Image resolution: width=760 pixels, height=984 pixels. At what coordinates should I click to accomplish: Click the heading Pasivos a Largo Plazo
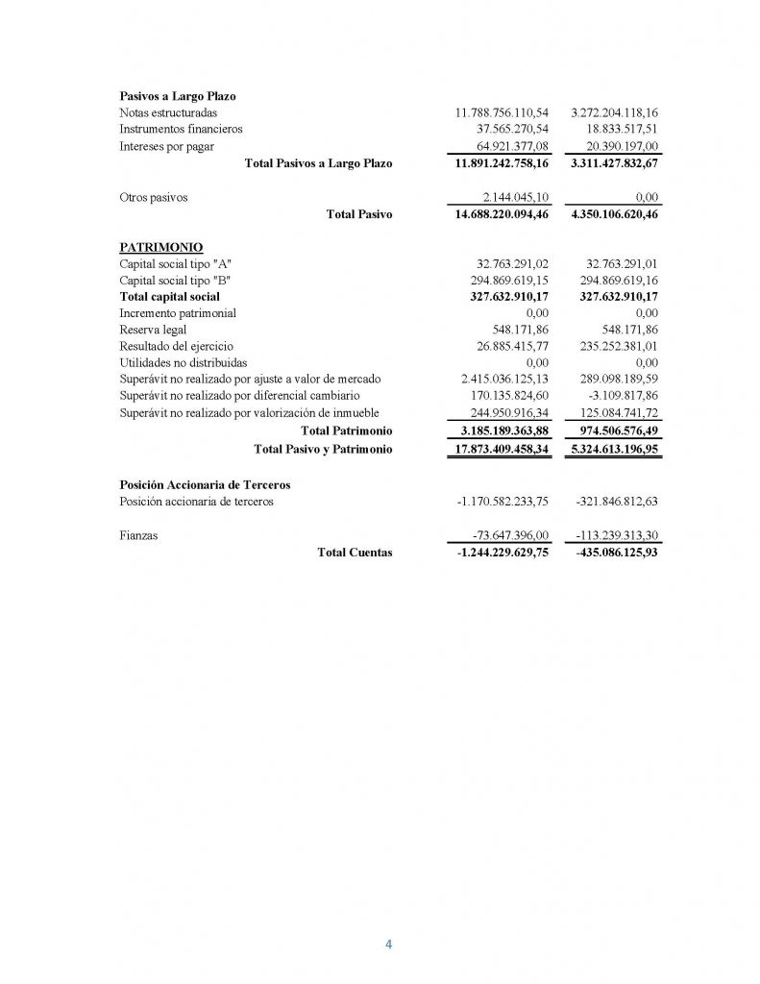coord(178,96)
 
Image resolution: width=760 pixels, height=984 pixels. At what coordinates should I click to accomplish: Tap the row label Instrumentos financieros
coord(181,129)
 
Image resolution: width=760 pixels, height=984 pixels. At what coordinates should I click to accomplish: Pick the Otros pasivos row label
coord(154,198)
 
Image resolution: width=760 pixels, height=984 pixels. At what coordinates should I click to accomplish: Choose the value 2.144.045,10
coord(512,198)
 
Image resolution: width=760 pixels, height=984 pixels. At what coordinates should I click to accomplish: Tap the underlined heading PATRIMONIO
coord(160,247)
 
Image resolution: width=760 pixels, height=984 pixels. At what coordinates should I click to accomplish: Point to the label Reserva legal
coord(154,330)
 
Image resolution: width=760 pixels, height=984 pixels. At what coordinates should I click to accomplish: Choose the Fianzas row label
coord(139,535)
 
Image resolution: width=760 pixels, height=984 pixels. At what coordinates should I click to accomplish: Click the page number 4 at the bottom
coord(388,944)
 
